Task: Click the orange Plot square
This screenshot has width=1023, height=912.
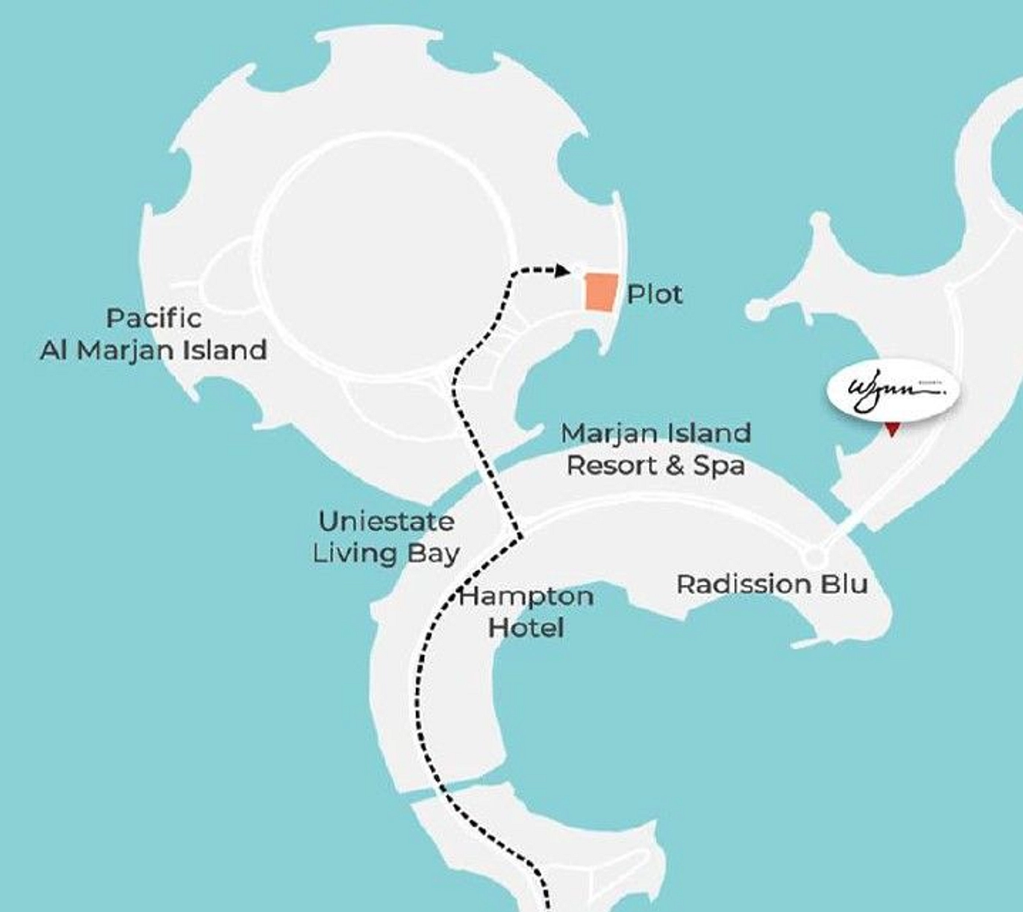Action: pyautogui.click(x=601, y=292)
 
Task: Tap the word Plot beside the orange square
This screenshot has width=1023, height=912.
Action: pyautogui.click(x=654, y=295)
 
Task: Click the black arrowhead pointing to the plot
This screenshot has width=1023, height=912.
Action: pyautogui.click(x=563, y=271)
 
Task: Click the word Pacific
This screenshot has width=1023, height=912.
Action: pyautogui.click(x=154, y=318)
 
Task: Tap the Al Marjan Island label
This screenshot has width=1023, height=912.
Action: pyautogui.click(x=154, y=350)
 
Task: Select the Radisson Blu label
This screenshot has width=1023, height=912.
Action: pyautogui.click(x=772, y=584)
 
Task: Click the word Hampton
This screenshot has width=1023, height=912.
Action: pyautogui.click(x=526, y=596)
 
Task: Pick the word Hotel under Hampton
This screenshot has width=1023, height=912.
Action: pyautogui.click(x=526, y=628)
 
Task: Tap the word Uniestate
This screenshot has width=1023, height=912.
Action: pyautogui.click(x=386, y=521)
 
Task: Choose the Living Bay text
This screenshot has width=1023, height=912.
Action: pyautogui.click(x=386, y=553)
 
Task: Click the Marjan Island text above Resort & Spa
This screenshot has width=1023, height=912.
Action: pyautogui.click(x=656, y=433)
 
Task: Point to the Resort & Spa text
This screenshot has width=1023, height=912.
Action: pyautogui.click(x=656, y=465)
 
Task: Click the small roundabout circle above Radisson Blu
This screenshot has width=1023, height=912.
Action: pyautogui.click(x=812, y=556)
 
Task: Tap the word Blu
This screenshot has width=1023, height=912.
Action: pyautogui.click(x=846, y=584)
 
